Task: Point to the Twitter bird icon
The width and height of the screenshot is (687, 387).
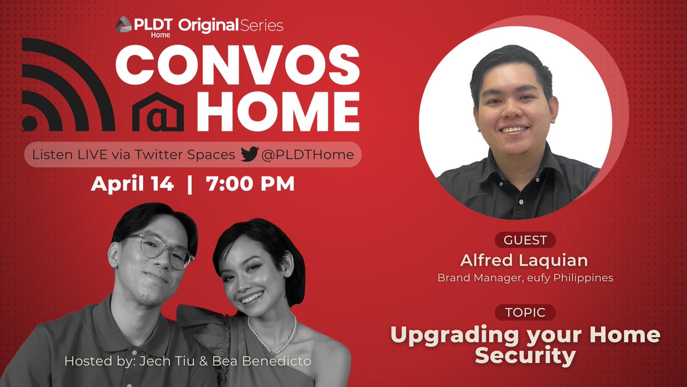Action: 250,154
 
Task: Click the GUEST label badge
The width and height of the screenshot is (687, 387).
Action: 525,240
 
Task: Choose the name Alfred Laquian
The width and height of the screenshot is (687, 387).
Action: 524,260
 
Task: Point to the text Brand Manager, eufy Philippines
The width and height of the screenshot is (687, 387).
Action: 525,278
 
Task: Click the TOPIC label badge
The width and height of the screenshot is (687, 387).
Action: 525,312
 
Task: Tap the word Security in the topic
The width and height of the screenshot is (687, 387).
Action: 525,355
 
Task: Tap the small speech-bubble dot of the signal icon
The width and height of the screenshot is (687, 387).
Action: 29,122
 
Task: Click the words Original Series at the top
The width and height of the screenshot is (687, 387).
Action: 230,25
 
